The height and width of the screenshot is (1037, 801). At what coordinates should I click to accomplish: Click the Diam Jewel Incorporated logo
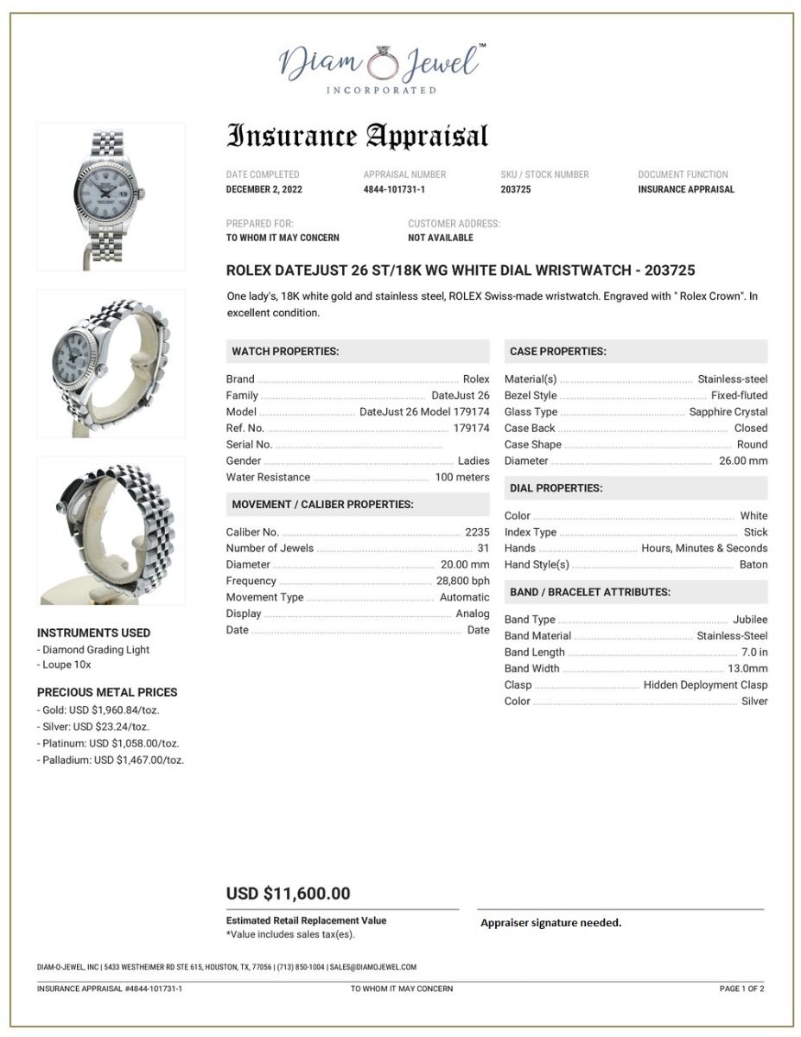(381, 67)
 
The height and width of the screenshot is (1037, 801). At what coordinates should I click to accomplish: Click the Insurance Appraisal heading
(357, 136)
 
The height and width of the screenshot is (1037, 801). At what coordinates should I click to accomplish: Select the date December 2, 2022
(264, 189)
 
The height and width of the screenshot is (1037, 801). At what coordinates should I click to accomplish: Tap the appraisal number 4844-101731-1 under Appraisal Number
(394, 189)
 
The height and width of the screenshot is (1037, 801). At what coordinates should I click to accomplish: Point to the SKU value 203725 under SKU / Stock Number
(516, 189)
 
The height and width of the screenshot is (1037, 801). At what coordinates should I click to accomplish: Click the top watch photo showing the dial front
(111, 196)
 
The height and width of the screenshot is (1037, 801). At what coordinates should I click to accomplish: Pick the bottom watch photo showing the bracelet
(111, 531)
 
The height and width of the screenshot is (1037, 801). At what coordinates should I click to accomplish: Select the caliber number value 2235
(477, 532)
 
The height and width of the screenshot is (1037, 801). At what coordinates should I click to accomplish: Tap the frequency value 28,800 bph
(463, 582)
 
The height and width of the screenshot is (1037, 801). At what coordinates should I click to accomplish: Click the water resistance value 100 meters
(462, 478)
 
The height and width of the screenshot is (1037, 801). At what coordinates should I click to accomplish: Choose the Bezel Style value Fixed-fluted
(739, 396)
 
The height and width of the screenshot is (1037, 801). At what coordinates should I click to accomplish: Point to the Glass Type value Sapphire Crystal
(728, 412)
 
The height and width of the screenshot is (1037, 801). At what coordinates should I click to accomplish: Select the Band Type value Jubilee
(750, 620)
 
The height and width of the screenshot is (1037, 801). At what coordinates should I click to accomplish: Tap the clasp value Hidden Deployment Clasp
(705, 685)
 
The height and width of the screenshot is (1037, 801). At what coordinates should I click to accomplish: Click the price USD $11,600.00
(289, 894)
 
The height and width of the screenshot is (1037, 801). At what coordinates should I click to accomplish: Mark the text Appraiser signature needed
(550, 923)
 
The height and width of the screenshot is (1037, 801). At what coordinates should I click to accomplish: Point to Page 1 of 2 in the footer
(741, 989)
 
